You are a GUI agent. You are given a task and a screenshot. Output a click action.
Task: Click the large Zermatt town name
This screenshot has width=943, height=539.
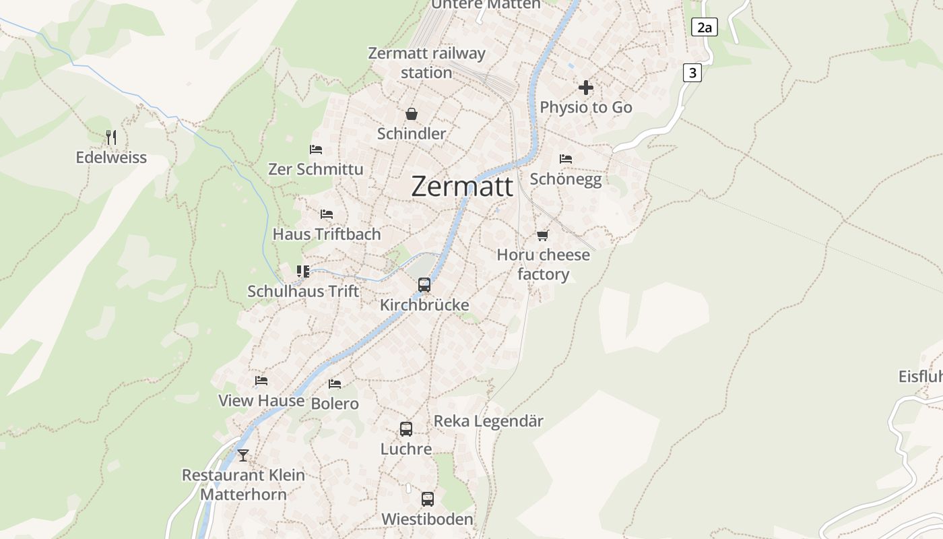tap(462, 186)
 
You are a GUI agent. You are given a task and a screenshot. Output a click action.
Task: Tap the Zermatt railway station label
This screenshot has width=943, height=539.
tap(426, 63)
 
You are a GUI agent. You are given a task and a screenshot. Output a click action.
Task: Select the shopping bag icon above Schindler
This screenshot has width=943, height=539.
tap(412, 114)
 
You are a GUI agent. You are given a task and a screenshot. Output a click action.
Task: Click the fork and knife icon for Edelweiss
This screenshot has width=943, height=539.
tap(111, 137)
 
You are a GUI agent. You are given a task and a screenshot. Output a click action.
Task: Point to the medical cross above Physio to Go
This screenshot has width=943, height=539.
tap(586, 88)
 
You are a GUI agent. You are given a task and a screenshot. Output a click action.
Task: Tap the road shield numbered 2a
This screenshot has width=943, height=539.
tap(704, 27)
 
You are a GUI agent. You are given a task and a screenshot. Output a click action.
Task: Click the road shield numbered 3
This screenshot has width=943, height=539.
tap(692, 73)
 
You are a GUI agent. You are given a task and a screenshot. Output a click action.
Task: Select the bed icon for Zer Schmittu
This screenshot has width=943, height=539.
tap(316, 149)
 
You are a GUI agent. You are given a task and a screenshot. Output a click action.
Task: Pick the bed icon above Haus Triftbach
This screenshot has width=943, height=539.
tap(327, 214)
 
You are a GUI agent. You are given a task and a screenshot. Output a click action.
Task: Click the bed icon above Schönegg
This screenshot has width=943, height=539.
tap(566, 159)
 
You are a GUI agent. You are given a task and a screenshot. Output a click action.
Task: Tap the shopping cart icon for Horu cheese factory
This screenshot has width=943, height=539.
tap(543, 235)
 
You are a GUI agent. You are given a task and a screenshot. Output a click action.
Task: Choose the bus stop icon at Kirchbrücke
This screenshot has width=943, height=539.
tap(424, 285)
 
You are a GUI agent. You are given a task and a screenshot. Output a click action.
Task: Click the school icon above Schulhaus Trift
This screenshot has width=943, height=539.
tap(303, 272)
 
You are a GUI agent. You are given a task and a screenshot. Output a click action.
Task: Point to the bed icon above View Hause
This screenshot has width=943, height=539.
tap(261, 381)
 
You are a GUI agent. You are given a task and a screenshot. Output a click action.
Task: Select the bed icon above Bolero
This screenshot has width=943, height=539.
tap(335, 384)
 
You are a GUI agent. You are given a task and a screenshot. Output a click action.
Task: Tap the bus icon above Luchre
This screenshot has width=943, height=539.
tap(406, 429)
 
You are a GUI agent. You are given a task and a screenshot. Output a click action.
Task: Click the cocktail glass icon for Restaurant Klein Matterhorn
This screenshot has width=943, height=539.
tap(243, 455)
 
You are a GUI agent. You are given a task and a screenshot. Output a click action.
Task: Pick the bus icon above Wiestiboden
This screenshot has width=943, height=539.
tap(428, 499)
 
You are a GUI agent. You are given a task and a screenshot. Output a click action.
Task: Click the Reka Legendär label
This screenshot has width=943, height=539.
tap(488, 421)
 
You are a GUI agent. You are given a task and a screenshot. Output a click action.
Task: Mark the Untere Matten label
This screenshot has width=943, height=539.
tap(486, 5)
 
